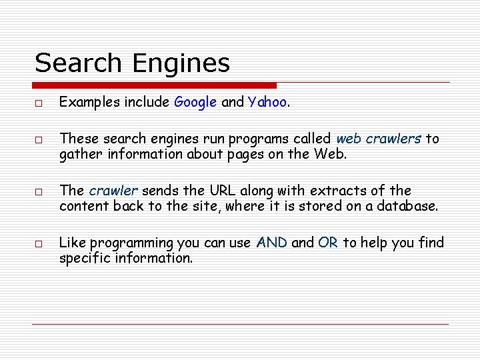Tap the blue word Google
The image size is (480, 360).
(195, 103)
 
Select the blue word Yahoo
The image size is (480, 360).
(267, 103)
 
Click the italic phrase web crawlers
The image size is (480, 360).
(379, 139)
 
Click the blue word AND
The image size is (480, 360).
(271, 243)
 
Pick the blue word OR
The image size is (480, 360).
(328, 243)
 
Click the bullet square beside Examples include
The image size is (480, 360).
(39, 103)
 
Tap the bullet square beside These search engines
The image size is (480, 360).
(39, 140)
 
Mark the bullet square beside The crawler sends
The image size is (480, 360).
(39, 192)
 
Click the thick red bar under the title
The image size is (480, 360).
(155, 85)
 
